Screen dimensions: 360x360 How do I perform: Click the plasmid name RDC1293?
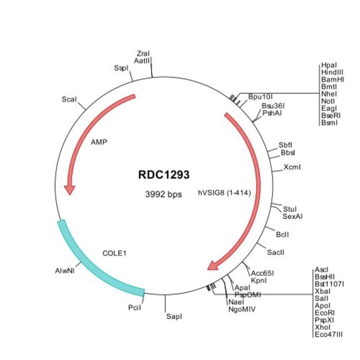[x=163, y=175]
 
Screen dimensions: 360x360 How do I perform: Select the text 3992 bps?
[x=163, y=194]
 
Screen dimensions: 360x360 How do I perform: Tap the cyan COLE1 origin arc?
[x=94, y=266]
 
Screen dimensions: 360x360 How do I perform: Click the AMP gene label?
[x=99, y=142]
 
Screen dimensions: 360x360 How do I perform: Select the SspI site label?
[x=121, y=68]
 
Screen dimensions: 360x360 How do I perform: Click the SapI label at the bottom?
[x=174, y=316]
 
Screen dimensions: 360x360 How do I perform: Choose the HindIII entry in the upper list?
[x=332, y=72]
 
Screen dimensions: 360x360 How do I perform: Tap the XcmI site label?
[x=292, y=166]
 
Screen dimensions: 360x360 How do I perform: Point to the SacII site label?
[x=276, y=252]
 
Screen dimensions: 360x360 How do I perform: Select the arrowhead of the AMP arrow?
[x=69, y=190]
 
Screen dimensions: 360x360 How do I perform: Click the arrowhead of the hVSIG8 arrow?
[x=212, y=266]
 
